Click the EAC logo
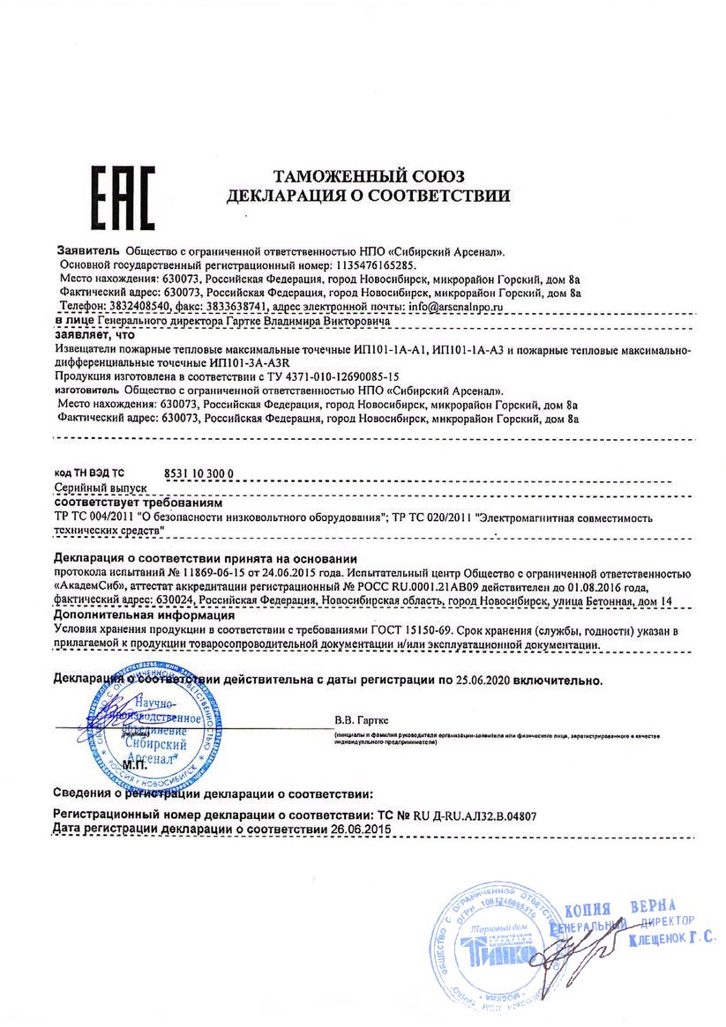pyautogui.click(x=124, y=194)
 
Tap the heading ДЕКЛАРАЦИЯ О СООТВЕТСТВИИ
pyautogui.click(x=368, y=195)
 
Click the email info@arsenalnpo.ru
pyautogui.click(x=453, y=306)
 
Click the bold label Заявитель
pyautogui.click(x=88, y=250)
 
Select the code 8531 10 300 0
pyautogui.click(x=199, y=473)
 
